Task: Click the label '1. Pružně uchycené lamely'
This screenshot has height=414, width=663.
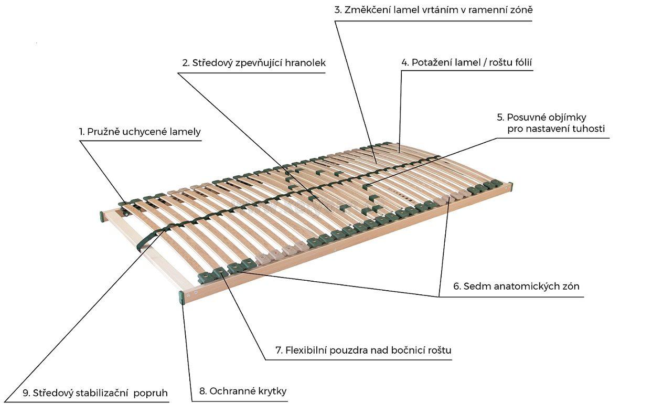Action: point(140,132)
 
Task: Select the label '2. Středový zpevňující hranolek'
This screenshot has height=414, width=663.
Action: point(254,63)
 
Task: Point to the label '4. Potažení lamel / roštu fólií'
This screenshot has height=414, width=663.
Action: point(467,62)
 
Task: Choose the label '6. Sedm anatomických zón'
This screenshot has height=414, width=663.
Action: point(516,286)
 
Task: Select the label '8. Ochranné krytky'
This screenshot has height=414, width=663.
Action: point(243,391)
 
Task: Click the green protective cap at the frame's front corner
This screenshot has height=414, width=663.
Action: point(181,298)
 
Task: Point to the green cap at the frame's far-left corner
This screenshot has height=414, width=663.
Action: point(102,216)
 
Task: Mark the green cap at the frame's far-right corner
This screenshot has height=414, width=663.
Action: point(509,186)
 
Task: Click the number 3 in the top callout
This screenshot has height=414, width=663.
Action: point(338,10)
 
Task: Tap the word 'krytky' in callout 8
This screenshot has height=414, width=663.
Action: point(271,391)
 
